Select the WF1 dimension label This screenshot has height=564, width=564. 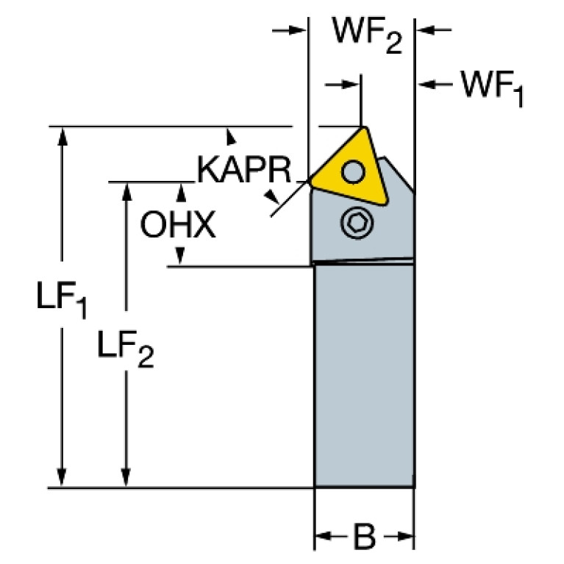coord(491,89)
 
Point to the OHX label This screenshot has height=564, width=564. coord(178,226)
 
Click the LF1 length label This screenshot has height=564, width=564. coord(62,299)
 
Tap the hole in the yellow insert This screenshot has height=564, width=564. coord(354,174)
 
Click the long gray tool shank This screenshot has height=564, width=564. coord(363,375)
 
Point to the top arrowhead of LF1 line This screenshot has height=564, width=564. coord(62,135)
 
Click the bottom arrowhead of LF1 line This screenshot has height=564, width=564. coord(62,478)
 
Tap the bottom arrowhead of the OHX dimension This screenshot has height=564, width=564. coord(179,257)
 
